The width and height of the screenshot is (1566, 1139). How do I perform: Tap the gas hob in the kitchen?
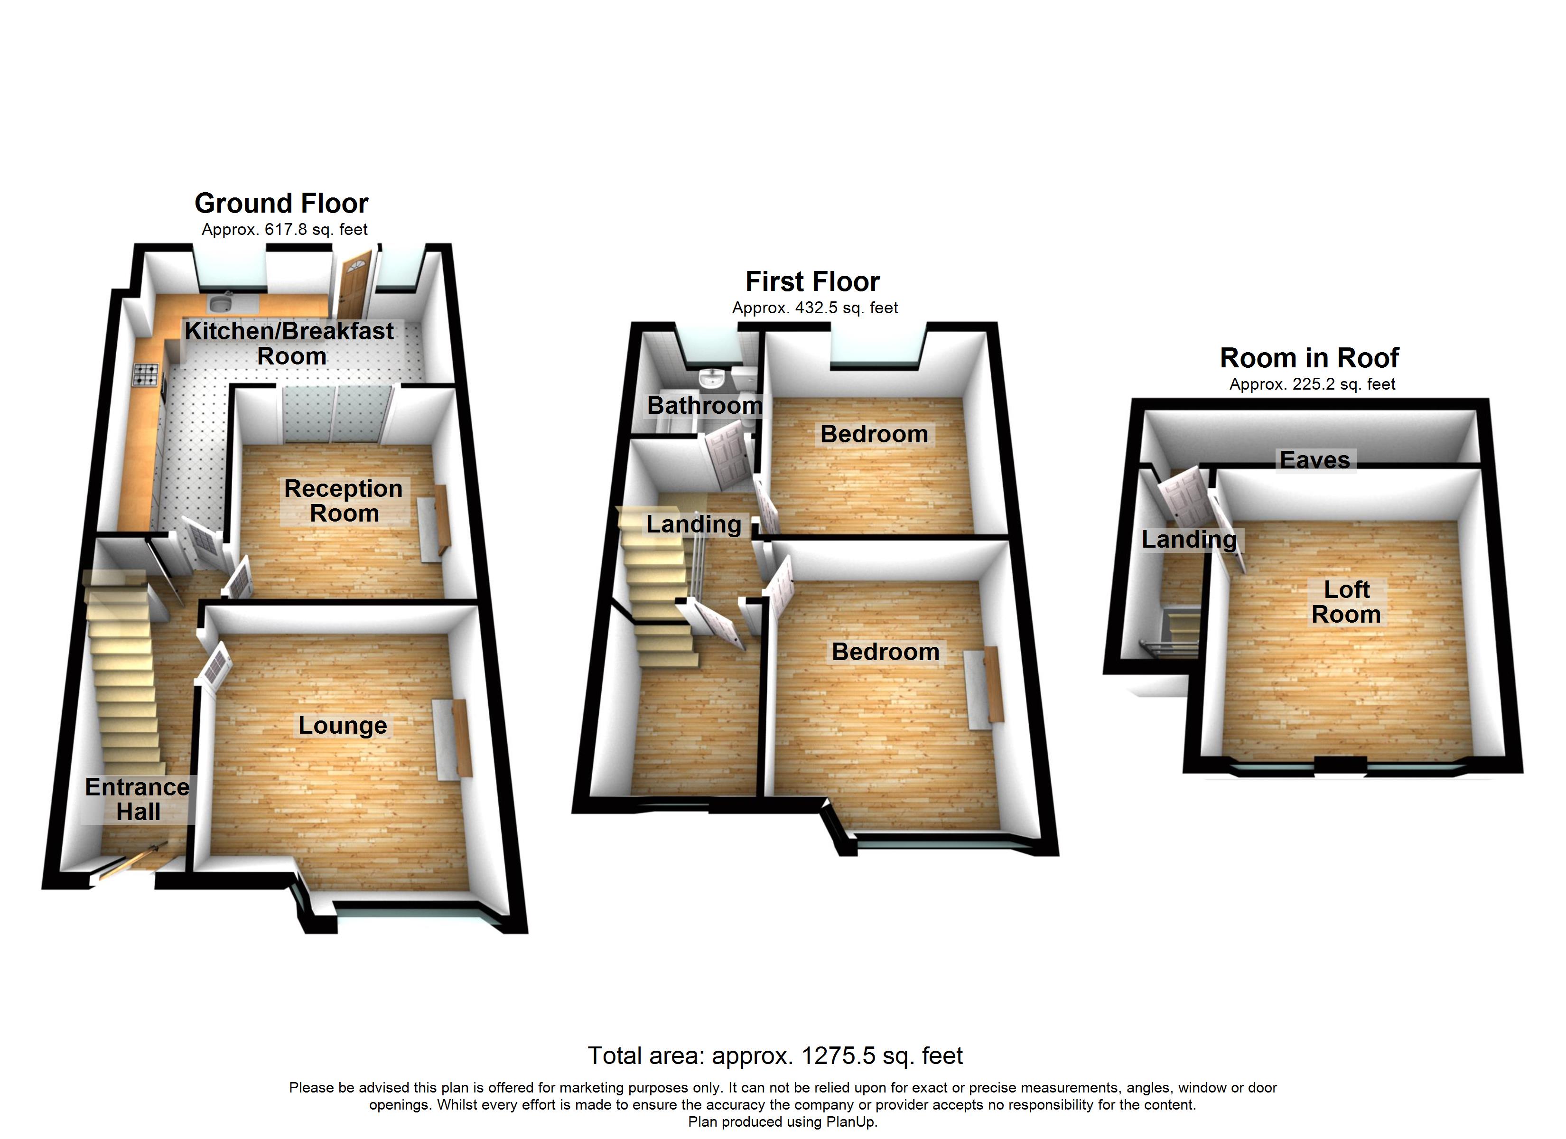point(146,375)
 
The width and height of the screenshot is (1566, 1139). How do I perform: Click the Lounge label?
point(343,726)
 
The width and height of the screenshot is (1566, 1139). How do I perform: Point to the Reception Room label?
point(343,501)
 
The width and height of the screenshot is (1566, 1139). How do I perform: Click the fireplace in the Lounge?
point(453,738)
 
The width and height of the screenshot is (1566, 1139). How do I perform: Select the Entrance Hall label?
point(138,799)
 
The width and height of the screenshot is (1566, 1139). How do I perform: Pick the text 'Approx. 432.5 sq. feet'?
point(815,308)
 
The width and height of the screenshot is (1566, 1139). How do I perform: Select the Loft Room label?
point(1346,602)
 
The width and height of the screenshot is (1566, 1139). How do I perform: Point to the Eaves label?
point(1314,460)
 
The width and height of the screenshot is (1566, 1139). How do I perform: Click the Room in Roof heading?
point(1309,358)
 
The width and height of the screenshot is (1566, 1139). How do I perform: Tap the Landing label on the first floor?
point(693,524)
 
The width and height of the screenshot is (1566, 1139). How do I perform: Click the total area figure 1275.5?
point(838,1055)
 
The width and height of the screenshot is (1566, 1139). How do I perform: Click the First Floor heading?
point(813,282)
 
